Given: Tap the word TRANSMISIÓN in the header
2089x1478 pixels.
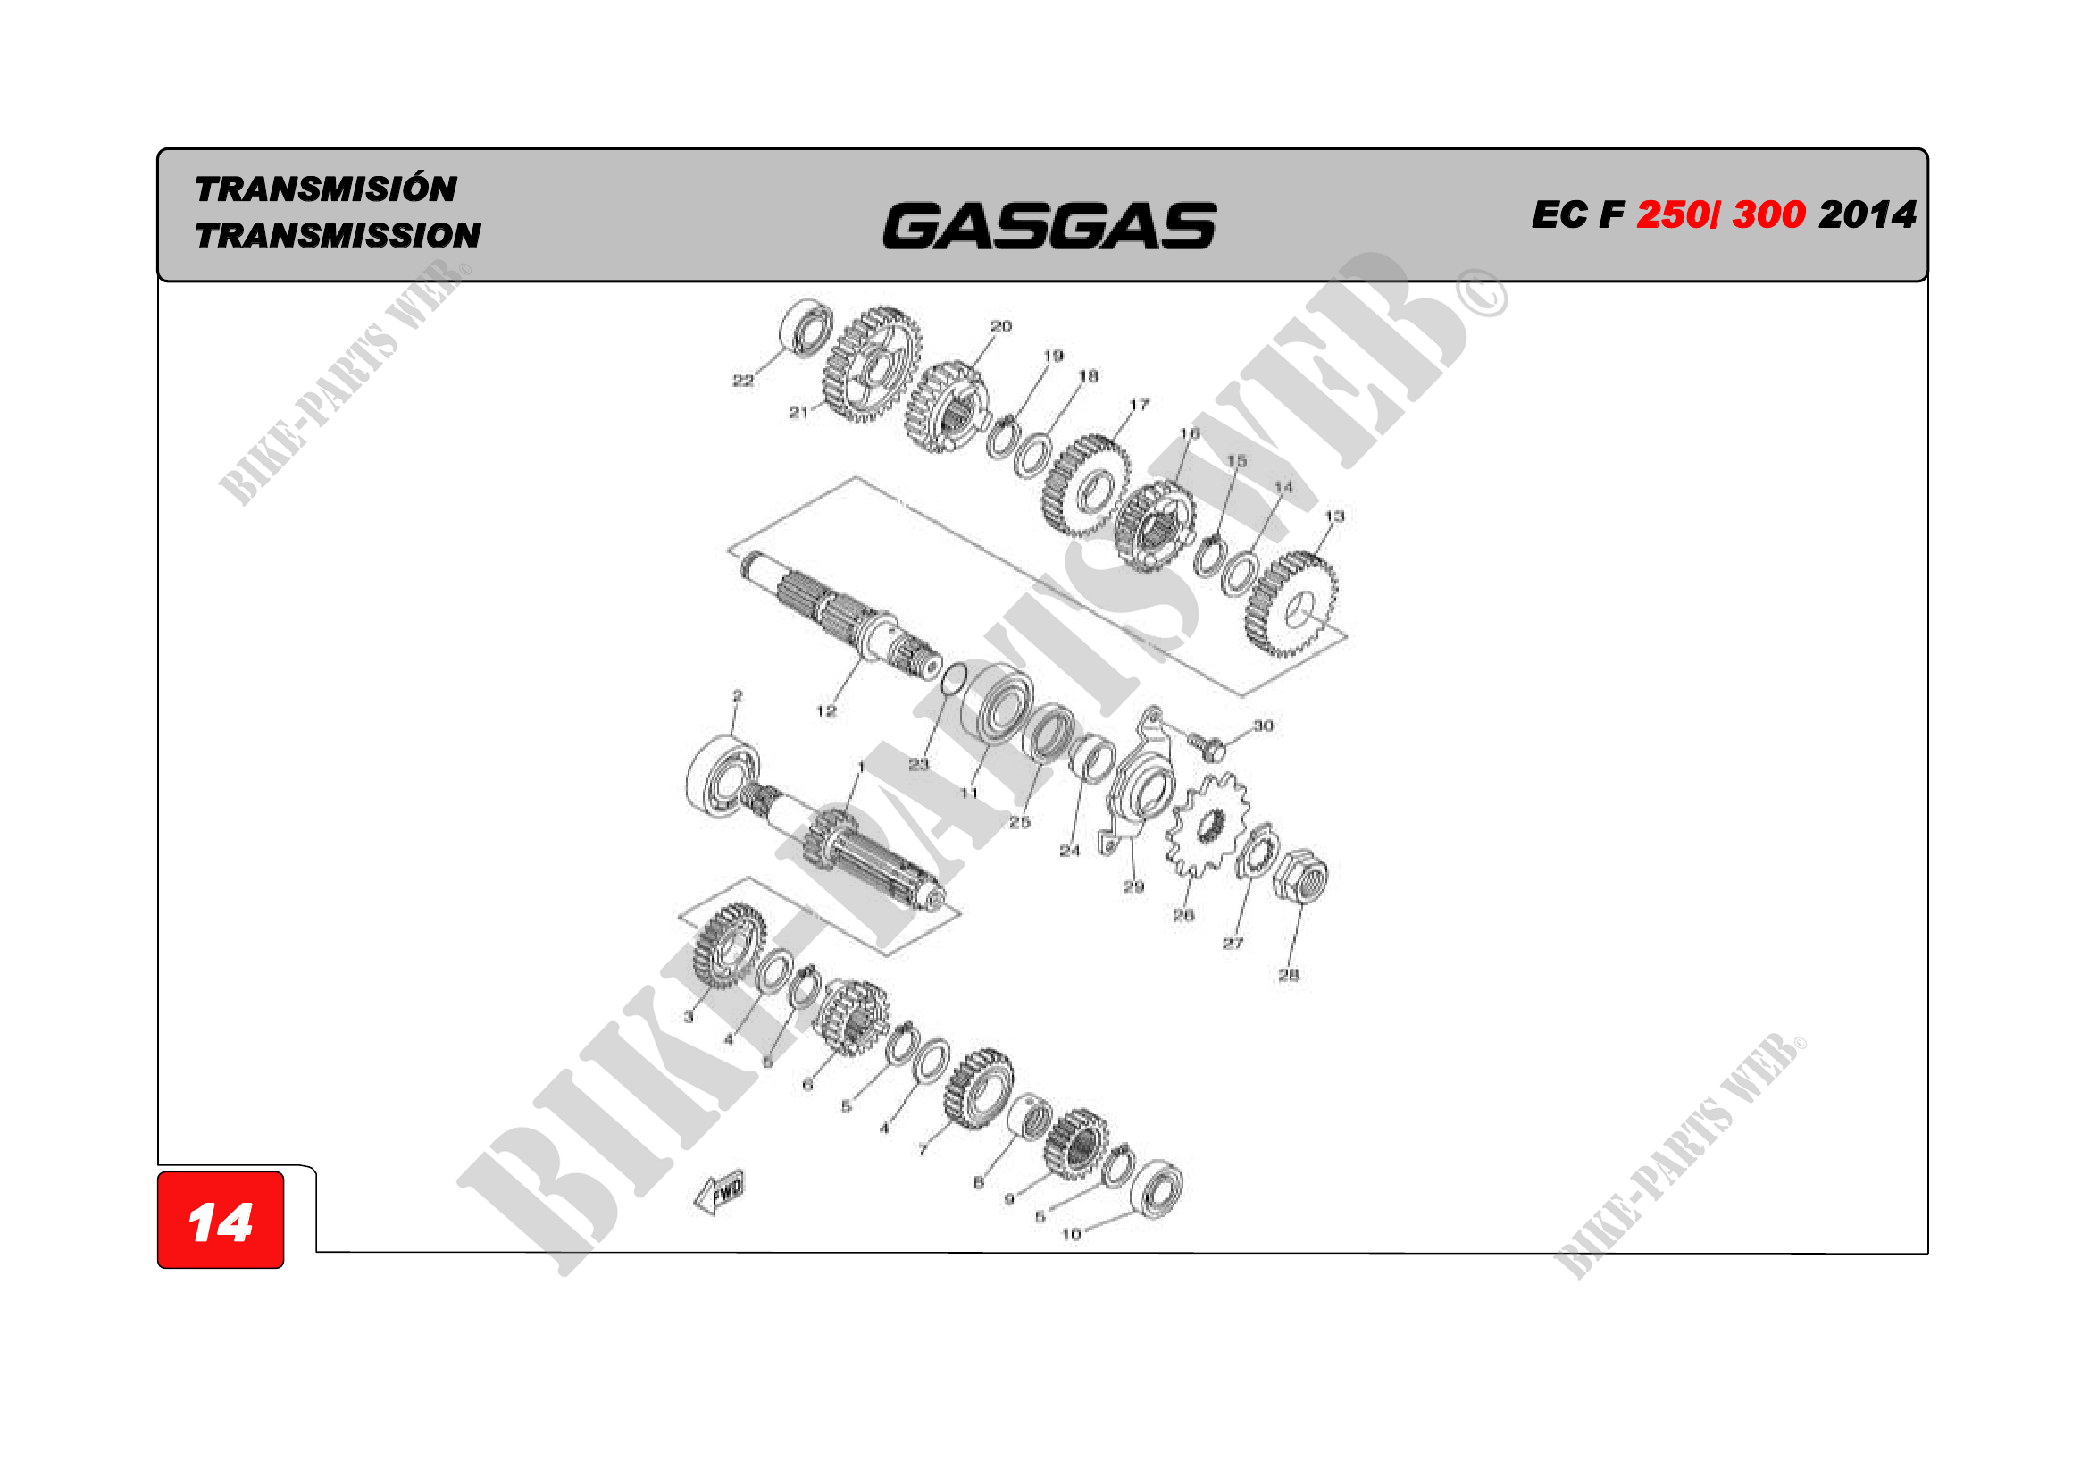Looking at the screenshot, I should [326, 189].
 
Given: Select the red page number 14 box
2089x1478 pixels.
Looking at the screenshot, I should [221, 1221].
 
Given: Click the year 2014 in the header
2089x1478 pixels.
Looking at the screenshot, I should [1867, 214].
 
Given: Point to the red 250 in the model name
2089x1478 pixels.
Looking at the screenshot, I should [1672, 214].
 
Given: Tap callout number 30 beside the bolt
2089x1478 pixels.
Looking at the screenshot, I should [1263, 726].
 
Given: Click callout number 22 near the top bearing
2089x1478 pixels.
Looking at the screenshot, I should [742, 381].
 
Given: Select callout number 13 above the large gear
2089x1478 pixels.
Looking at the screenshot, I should [1333, 516].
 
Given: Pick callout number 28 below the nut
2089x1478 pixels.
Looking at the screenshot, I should [1289, 975].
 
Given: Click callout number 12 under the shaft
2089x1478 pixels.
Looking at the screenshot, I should [825, 710].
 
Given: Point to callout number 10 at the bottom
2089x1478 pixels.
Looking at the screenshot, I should [1071, 1234].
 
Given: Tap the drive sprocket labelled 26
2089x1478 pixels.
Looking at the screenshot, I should [1208, 824].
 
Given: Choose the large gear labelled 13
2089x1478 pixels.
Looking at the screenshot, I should [1292, 602].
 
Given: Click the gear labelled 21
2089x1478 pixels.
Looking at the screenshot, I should [871, 365].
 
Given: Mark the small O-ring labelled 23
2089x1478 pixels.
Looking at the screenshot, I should [954, 678].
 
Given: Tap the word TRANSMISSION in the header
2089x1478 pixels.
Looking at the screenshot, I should [338, 236].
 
